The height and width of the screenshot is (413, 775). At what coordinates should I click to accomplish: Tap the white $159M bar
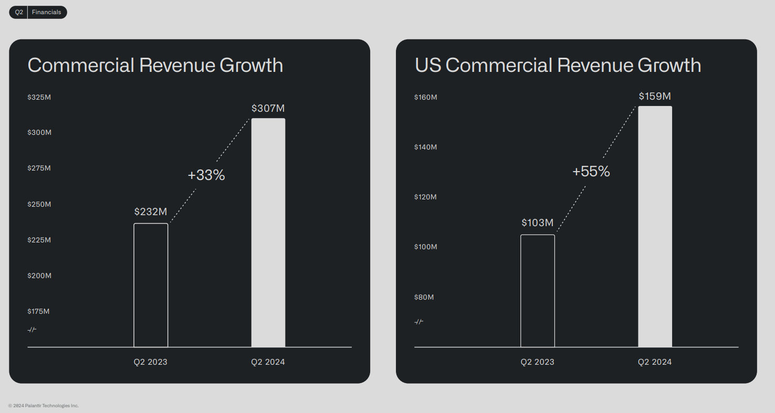click(x=655, y=226)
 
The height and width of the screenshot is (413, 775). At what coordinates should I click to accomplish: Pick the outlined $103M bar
click(x=538, y=291)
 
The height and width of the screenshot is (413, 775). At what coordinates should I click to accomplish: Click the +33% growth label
click(x=206, y=175)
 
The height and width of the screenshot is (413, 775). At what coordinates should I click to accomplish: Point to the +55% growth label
click(x=591, y=172)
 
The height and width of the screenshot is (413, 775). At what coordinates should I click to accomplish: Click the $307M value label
click(x=268, y=108)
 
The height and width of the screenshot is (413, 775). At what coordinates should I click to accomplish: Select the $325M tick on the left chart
click(x=39, y=97)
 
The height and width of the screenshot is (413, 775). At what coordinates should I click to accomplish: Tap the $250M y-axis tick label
click(x=39, y=204)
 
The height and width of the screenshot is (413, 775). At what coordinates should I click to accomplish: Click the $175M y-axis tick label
click(x=38, y=311)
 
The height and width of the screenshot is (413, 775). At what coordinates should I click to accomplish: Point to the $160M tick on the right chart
click(x=425, y=97)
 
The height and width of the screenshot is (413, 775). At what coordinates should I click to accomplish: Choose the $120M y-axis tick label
click(x=425, y=197)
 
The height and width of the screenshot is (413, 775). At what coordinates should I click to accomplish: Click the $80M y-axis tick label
click(x=424, y=297)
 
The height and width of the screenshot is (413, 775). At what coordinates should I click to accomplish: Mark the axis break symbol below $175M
click(x=32, y=330)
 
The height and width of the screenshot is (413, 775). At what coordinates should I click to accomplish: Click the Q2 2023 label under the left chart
click(x=150, y=362)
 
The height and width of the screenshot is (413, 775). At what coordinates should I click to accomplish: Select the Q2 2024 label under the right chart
click(x=655, y=362)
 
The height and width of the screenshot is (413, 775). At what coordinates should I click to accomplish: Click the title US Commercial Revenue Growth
click(x=558, y=66)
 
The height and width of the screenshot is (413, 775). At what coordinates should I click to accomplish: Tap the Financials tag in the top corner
click(x=46, y=12)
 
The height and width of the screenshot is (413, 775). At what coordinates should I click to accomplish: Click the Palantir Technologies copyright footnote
click(x=44, y=406)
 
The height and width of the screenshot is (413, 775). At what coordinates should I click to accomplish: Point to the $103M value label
click(x=538, y=223)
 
